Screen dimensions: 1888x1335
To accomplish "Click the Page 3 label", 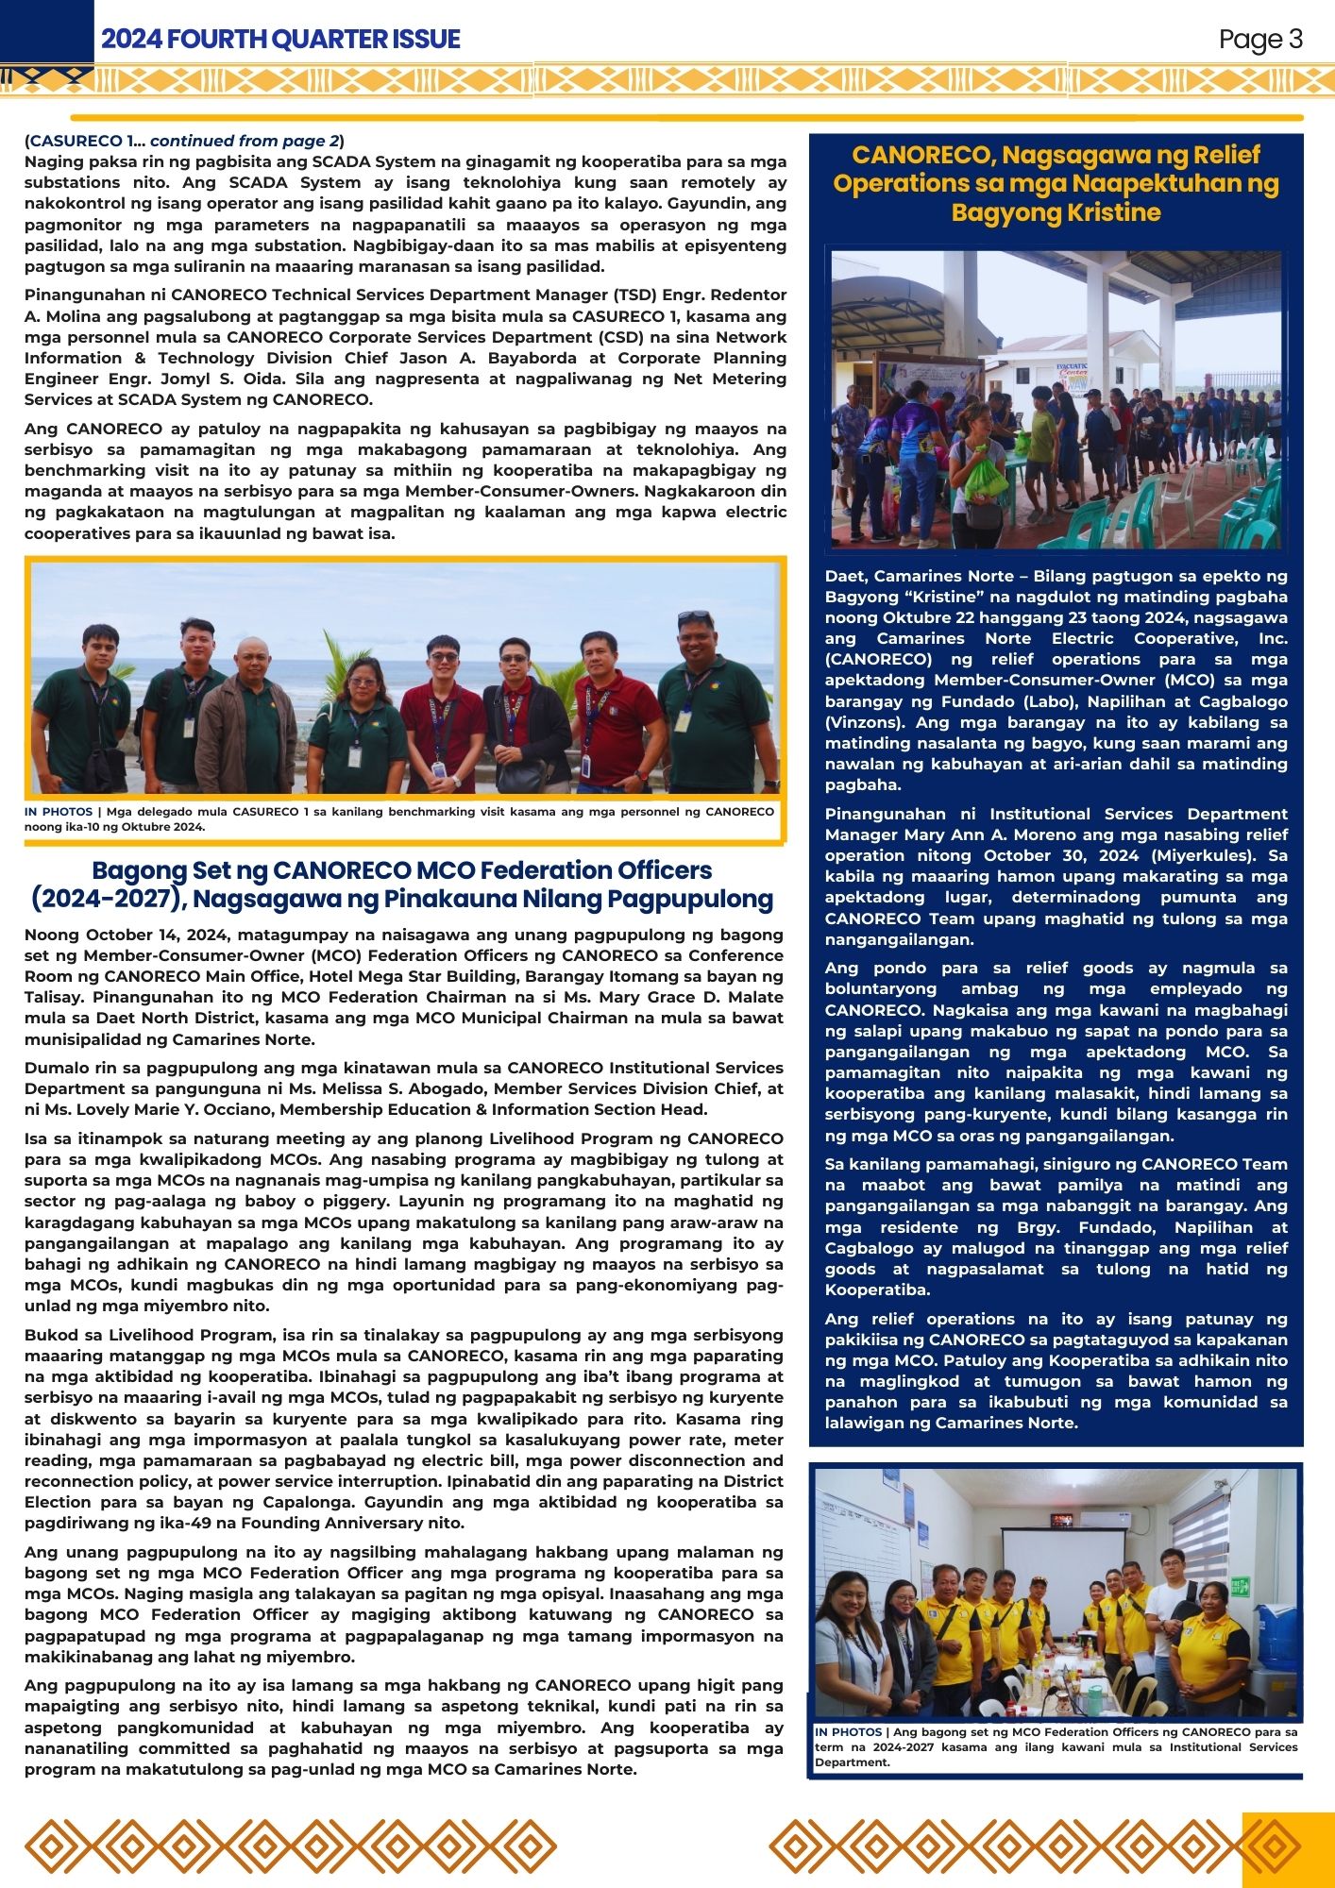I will coord(1260,40).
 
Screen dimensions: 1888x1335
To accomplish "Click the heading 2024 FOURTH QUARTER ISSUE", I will coord(280,40).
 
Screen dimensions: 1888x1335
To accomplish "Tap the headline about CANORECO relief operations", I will coord(1056,183).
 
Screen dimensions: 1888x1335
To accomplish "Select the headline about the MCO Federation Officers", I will coord(402,885).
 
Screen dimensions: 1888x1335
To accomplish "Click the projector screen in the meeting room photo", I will coord(1063,1567).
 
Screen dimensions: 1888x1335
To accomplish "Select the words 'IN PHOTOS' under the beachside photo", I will coord(59,812).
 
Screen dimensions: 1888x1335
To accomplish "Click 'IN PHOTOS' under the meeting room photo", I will coord(848,1732).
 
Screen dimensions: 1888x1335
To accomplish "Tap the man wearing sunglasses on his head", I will coord(708,699).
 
